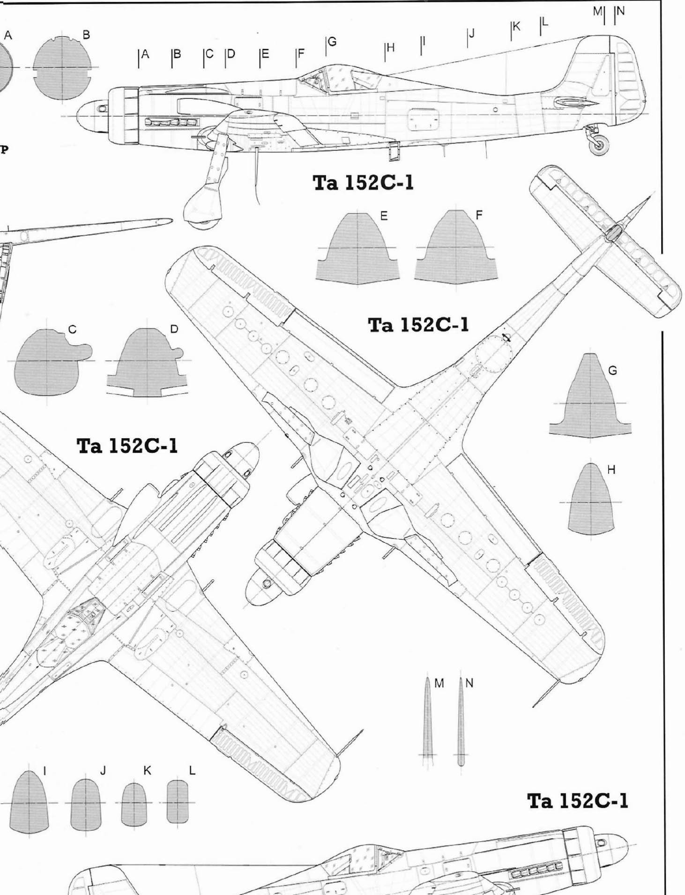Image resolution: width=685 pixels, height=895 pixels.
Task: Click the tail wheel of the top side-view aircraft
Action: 599,145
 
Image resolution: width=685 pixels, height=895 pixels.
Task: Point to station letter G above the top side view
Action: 332,42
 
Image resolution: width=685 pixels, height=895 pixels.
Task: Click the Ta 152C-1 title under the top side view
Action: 363,183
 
